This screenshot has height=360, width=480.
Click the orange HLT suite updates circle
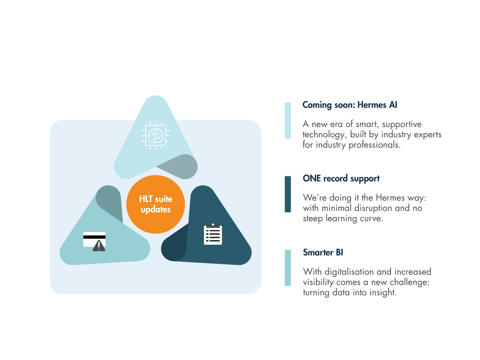(156, 204)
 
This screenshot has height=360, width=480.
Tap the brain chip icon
(156, 135)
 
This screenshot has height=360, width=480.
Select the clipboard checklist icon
(213, 234)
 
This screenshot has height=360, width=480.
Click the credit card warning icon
(95, 241)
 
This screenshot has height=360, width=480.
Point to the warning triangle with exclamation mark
(99, 246)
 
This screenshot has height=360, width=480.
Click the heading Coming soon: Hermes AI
(350, 105)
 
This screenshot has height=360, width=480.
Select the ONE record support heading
(341, 179)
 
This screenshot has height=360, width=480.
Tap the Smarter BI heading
(323, 252)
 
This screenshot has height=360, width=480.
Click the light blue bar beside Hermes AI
(288, 120)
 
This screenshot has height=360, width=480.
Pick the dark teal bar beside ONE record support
(288, 194)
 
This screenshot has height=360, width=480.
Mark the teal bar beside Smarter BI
(288, 268)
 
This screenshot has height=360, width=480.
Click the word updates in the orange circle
(156, 210)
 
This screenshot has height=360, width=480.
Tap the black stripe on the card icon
(94, 237)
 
